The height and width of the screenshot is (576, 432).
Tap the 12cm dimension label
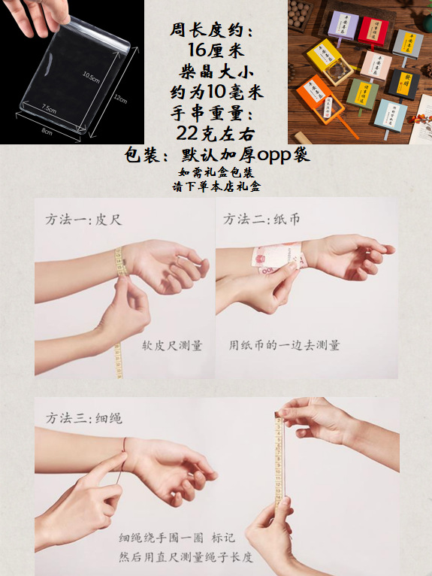[121, 99]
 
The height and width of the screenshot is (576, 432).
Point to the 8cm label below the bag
[47, 132]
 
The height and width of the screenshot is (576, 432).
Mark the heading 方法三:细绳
[83, 417]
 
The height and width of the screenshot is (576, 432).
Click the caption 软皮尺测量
[172, 346]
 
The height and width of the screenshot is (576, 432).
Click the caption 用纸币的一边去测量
[285, 346]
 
